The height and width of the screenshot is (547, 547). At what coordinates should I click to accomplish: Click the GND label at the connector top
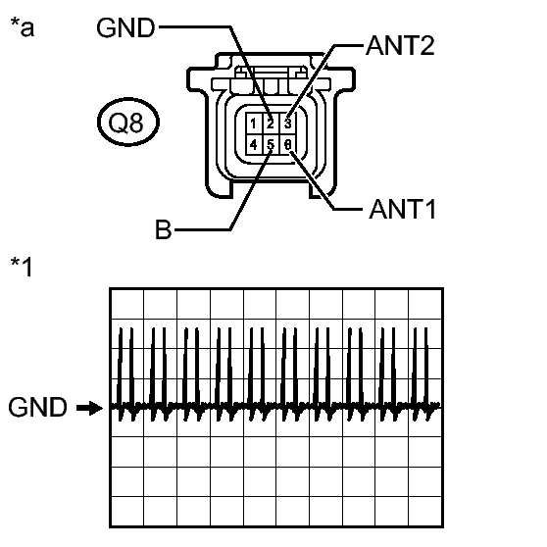coord(125,27)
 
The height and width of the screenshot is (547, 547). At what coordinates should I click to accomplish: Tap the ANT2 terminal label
coord(400,46)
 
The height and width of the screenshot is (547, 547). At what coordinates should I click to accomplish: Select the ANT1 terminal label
coord(402,210)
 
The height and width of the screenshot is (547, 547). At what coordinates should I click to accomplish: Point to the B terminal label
coord(164,229)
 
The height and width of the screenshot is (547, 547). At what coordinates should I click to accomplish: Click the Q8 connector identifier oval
coord(128,122)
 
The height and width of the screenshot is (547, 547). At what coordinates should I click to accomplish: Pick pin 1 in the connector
coord(254,124)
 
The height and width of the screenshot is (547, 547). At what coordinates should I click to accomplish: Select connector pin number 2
coord(271,124)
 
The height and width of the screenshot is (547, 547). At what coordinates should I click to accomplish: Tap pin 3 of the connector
coord(288,124)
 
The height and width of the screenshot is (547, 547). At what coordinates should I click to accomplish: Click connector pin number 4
coord(254,144)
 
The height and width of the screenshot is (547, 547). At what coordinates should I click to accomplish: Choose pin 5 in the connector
coord(271,144)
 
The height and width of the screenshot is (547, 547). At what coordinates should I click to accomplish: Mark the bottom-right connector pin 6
coord(288,144)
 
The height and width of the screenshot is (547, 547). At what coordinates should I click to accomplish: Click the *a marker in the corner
coord(23,27)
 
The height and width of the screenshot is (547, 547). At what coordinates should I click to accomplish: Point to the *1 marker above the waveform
coord(22,267)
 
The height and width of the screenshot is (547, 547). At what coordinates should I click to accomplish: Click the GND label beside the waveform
coord(37,407)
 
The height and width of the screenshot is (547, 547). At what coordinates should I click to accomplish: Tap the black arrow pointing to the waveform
coord(89,408)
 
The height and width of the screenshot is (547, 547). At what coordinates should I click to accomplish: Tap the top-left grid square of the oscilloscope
coord(126,304)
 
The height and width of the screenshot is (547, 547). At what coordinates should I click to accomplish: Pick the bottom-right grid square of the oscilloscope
coord(425,511)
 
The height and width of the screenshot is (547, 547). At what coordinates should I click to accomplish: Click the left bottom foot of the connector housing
coord(219,191)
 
